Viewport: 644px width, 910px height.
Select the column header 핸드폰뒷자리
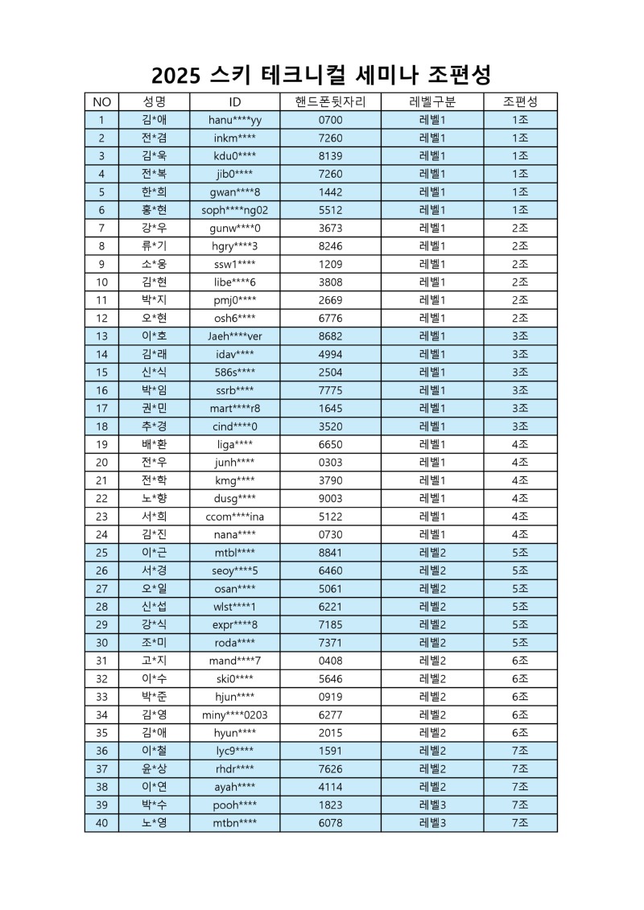pos(330,102)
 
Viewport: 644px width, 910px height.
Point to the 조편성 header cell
pos(520,102)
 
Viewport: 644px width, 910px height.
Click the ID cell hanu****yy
pos(235,120)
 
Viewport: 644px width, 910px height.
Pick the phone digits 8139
pos(330,156)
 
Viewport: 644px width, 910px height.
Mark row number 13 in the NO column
pos(101,336)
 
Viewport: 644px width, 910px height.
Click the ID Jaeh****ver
pos(235,336)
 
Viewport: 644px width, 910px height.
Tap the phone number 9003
pos(330,498)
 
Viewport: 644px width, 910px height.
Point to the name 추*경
pos(154,426)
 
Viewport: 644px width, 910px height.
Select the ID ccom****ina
pos(235,516)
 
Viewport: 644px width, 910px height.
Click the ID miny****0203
pos(235,714)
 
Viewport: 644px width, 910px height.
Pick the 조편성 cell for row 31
pos(520,660)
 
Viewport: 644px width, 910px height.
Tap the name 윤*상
pos(154,768)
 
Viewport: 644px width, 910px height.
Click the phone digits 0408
pos(330,660)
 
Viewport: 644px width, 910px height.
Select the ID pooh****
pos(235,805)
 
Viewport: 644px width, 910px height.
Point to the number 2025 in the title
pos(180,75)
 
